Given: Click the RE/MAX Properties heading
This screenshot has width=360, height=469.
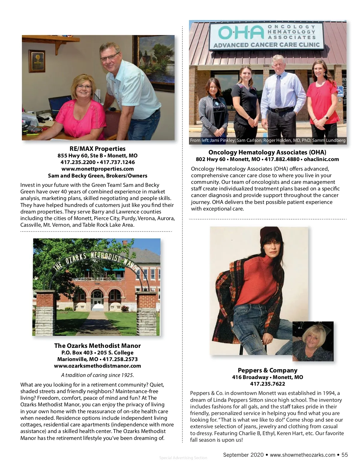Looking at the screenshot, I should point(97,149).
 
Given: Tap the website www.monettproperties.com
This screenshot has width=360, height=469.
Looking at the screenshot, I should point(97,169).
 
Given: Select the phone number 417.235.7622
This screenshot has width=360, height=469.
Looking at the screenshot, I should point(268,384).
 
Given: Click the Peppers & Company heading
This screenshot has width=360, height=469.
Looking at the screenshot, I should point(268,370).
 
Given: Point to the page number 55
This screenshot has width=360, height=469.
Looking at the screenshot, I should point(344,455).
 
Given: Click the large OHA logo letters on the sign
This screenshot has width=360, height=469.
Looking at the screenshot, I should point(241,33).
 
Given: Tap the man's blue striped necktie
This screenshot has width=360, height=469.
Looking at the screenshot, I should point(278,90).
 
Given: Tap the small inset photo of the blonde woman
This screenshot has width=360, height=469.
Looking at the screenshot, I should point(313,341).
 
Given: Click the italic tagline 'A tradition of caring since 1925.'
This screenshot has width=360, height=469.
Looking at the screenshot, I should point(97,375).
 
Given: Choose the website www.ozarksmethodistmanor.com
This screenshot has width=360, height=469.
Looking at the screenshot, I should point(97,366).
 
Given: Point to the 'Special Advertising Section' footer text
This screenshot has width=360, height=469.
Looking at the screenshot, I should point(183,458).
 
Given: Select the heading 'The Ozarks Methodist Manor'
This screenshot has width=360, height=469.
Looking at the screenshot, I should point(97,346).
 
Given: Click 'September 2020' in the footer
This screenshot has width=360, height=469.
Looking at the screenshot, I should point(243,455).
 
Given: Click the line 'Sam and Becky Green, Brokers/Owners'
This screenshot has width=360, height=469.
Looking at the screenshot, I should point(97,176).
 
